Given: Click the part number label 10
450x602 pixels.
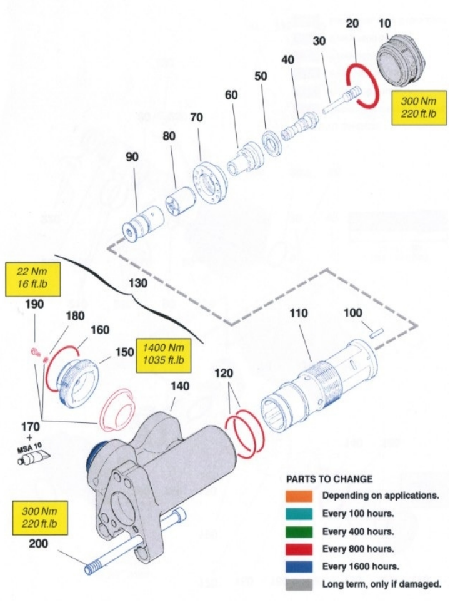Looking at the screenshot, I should [x=385, y=23].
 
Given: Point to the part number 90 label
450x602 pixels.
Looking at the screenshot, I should [x=132, y=157].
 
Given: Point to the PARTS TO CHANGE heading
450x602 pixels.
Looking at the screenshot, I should [x=329, y=479].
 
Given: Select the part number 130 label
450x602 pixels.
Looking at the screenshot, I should [x=137, y=283].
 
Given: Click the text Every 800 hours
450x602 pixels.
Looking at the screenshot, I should [x=357, y=549].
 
